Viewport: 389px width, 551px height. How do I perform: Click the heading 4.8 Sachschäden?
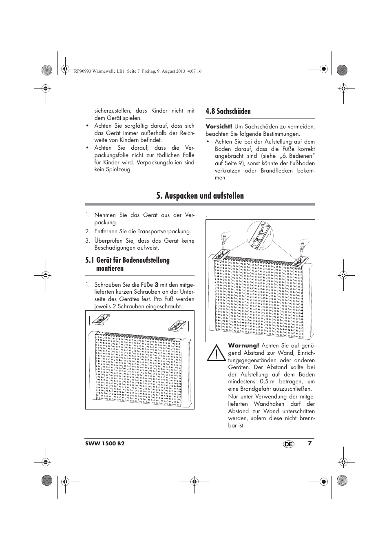228,111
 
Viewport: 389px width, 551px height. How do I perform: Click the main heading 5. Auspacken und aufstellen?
200,196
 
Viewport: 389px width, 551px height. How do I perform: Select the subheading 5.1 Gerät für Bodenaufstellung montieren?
127,264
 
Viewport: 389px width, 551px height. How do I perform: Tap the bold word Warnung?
243,345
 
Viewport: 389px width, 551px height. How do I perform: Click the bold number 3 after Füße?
156,285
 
